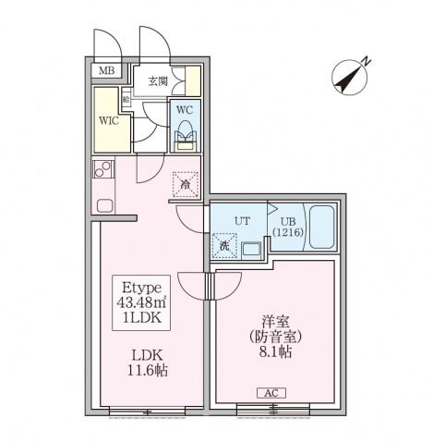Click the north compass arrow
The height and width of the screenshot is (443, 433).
point(352,76)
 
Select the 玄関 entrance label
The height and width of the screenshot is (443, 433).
point(157,81)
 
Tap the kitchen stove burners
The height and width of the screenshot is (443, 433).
point(102,170)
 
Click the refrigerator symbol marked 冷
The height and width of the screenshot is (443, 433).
point(186,184)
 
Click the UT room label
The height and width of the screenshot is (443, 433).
point(242,221)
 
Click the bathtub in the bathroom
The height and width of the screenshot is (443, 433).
point(322,229)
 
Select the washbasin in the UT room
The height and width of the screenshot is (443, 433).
point(250,248)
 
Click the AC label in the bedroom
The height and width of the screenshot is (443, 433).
point(272,392)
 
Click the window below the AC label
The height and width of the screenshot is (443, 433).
point(272,407)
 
